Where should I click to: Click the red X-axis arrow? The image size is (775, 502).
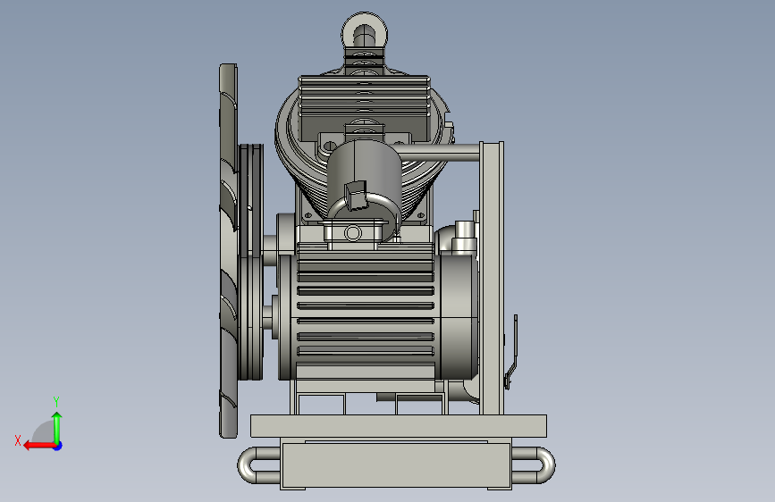39,446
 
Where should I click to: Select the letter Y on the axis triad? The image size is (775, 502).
55,402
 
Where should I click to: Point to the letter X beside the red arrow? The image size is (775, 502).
18,440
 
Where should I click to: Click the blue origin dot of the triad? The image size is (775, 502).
58,446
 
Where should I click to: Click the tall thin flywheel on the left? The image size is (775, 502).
228,250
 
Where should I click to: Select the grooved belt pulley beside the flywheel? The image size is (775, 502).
250,262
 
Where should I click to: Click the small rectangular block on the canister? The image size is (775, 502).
356,195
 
